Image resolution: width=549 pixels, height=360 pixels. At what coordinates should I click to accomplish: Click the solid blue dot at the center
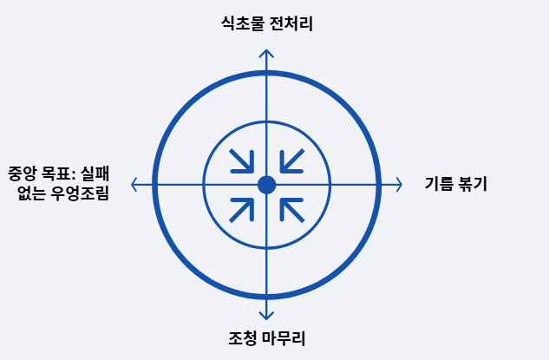(x=266, y=185)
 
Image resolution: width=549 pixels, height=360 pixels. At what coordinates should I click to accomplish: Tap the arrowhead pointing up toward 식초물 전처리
(x=266, y=53)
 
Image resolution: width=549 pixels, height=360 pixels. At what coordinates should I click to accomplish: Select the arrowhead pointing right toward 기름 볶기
(x=398, y=185)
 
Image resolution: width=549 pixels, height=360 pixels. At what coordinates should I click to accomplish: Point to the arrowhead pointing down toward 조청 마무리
(x=266, y=317)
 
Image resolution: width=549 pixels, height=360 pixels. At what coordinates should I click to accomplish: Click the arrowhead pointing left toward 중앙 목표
(x=134, y=185)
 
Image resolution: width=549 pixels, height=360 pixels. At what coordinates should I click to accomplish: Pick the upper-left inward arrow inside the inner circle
(x=241, y=160)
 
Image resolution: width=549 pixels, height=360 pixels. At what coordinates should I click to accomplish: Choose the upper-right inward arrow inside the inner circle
(x=292, y=160)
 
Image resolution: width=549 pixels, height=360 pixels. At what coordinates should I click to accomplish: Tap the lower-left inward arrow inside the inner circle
(x=241, y=210)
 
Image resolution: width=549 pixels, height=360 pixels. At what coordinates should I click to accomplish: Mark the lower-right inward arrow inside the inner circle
(x=292, y=210)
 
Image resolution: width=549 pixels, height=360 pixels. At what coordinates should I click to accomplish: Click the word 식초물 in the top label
(x=242, y=24)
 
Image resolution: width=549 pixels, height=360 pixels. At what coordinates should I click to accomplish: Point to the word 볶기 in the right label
(x=472, y=184)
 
